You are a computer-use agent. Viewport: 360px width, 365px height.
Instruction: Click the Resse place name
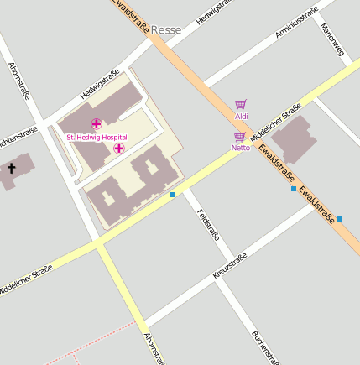tap(166, 29)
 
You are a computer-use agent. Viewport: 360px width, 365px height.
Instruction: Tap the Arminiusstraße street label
tap(296, 23)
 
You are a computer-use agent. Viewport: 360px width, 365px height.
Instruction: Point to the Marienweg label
tap(331, 39)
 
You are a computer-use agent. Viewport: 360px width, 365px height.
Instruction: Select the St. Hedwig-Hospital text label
tap(97, 137)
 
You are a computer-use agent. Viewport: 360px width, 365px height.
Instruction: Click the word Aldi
tap(242, 117)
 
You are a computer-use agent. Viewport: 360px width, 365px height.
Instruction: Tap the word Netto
tap(241, 148)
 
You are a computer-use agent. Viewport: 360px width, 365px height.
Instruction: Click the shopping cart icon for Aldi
tap(241, 105)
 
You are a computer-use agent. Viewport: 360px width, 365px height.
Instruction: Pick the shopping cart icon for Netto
tap(240, 137)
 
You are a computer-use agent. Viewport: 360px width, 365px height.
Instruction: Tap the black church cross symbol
tap(12, 169)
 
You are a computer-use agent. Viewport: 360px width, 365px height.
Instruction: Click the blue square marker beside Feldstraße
tap(172, 195)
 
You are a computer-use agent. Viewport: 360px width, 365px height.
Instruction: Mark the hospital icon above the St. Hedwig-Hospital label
tap(96, 124)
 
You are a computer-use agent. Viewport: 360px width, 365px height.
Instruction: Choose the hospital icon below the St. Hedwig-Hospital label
tap(119, 149)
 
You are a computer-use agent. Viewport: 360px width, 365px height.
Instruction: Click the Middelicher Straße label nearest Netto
tap(276, 123)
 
